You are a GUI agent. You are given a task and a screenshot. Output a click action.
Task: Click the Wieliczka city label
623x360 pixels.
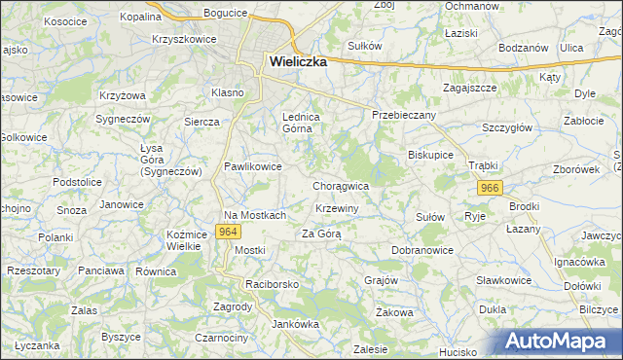(297, 60)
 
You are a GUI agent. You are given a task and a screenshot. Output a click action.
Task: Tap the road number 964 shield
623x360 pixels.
(229, 232)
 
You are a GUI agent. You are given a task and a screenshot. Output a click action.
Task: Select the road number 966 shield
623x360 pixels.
(490, 188)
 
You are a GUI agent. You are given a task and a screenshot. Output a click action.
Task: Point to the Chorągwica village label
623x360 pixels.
(341, 185)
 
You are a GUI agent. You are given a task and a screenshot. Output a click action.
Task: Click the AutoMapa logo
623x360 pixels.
(562, 342)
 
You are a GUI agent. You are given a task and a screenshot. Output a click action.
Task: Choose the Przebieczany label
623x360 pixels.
(404, 115)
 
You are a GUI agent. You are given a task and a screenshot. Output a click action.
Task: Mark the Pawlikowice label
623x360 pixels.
(253, 166)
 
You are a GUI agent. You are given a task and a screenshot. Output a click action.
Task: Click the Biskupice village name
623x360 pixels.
(431, 155)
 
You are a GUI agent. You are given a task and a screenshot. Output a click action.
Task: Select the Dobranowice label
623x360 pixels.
(423, 250)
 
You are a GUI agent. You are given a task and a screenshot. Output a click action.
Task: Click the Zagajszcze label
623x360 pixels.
(470, 87)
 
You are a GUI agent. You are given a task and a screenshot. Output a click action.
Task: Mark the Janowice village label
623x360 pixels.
(122, 204)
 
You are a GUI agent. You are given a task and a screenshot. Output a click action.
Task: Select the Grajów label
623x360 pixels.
(382, 280)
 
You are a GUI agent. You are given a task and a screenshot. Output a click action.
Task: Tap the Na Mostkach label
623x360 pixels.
(254, 215)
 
